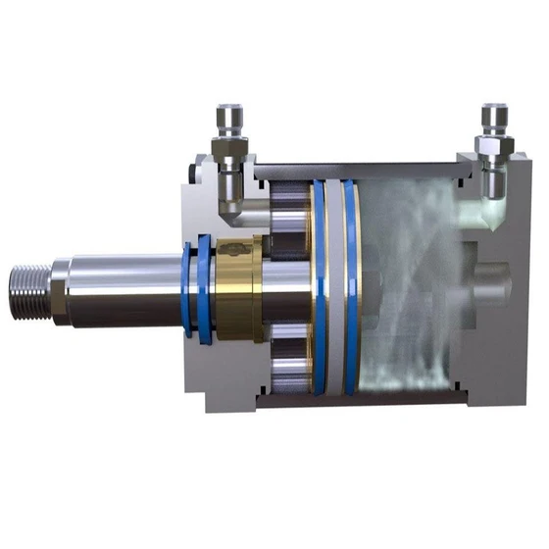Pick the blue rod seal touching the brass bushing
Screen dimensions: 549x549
click(205, 288)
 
